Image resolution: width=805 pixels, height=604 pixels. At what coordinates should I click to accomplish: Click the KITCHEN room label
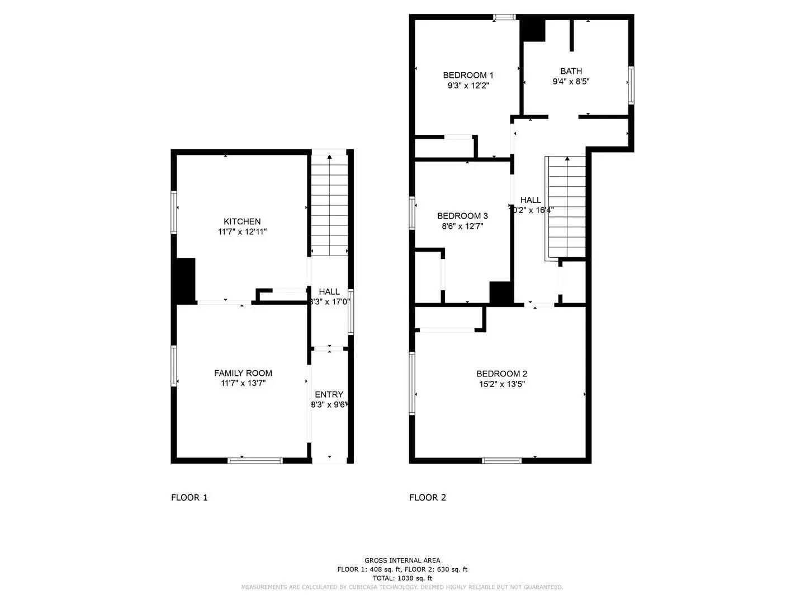click(242, 221)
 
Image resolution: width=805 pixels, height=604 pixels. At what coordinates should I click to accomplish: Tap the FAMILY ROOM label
click(243, 373)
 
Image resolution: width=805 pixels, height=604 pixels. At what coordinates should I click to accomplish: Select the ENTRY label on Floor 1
click(329, 394)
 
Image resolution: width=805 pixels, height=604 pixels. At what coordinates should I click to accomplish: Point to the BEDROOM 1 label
click(468, 75)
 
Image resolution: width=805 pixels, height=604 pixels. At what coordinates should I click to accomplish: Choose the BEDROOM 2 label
click(501, 374)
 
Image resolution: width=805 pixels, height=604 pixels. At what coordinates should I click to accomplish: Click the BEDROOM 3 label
click(462, 216)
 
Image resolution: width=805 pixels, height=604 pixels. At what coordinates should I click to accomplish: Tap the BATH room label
click(571, 71)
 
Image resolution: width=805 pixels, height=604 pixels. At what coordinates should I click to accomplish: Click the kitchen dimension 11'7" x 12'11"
click(242, 232)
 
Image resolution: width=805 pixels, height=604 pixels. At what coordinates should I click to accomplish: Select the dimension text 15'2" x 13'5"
click(501, 384)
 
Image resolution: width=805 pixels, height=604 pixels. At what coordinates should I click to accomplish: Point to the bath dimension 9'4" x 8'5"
click(571, 82)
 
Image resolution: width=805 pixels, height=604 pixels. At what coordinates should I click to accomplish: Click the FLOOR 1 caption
click(189, 497)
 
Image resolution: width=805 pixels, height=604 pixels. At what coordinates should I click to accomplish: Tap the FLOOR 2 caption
click(428, 497)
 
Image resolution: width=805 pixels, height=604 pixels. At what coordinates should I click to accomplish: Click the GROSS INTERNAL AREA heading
click(402, 560)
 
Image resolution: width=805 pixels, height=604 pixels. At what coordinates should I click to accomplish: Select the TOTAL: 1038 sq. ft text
click(402, 578)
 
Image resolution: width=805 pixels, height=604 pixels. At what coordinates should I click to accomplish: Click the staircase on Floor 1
click(329, 204)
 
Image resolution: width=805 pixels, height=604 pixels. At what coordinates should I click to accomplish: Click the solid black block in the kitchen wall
click(186, 280)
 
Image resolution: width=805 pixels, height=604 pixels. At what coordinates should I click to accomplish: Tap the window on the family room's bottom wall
click(255, 460)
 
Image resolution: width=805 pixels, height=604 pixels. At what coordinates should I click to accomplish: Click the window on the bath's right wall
click(631, 85)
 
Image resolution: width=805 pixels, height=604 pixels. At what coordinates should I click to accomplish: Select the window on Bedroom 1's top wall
click(505, 17)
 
